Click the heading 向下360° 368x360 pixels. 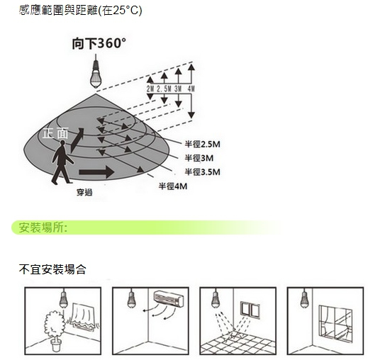(99, 43)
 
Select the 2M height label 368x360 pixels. (150, 89)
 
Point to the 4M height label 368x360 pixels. (191, 89)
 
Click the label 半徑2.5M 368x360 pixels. (202, 144)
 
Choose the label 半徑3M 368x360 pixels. (199, 158)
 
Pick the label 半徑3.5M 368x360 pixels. (202, 171)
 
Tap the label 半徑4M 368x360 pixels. (173, 186)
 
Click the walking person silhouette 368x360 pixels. (62, 162)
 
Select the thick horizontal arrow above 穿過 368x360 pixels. (96, 171)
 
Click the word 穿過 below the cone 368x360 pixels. (84, 193)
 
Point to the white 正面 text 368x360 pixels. (55, 133)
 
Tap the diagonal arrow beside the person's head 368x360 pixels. (77, 140)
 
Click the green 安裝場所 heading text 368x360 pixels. (43, 227)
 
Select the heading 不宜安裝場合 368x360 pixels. (52, 269)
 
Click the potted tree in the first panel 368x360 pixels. (55, 331)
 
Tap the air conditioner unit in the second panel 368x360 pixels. (169, 299)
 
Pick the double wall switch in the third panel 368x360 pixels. (250, 310)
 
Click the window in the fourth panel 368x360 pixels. (335, 324)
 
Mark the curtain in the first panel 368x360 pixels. (84, 317)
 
